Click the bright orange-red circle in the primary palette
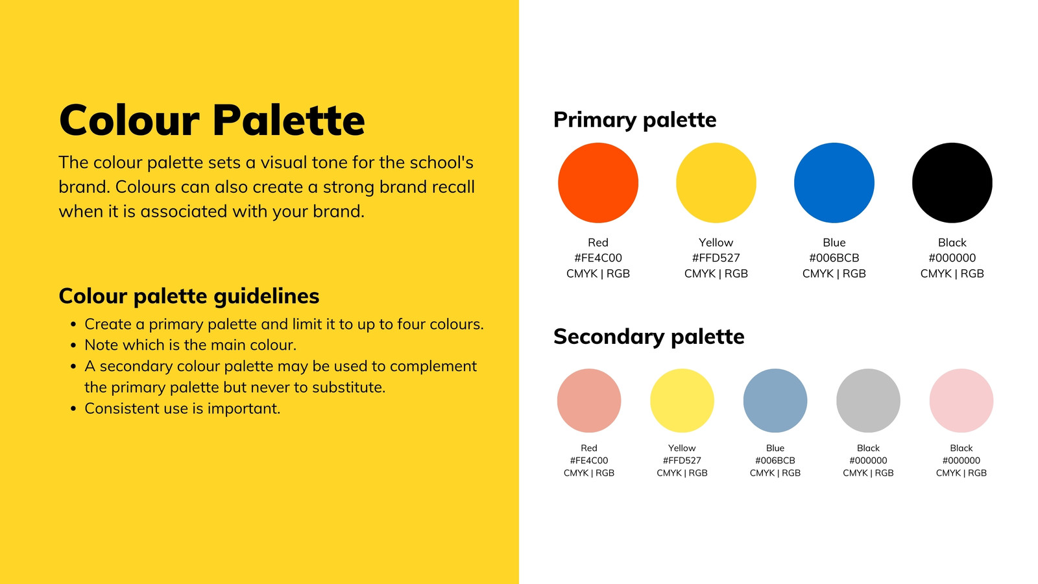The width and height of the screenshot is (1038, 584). [x=597, y=182]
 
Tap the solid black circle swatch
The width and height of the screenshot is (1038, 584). [x=952, y=182]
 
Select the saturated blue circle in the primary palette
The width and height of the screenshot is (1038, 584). [x=834, y=182]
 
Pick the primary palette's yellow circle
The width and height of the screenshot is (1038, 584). [x=716, y=182]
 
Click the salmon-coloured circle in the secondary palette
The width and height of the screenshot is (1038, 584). [x=589, y=400]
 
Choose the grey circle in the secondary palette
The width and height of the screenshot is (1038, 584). [x=868, y=400]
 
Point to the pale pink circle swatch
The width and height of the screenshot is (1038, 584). [x=961, y=400]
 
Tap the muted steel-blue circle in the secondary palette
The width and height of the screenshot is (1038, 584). [x=775, y=400]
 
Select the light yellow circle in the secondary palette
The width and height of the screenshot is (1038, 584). [x=682, y=400]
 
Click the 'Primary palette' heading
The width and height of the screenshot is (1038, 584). [x=634, y=120]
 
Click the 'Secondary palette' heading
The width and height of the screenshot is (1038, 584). [x=649, y=337]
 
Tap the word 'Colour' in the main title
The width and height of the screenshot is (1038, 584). [x=129, y=121]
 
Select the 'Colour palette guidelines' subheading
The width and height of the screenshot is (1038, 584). [x=189, y=297]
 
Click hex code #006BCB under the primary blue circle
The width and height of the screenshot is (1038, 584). [x=834, y=258]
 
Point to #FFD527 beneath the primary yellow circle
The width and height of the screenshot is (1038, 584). [x=716, y=258]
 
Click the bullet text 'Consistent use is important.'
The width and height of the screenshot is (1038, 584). [x=182, y=408]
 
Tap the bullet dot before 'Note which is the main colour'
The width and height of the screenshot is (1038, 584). [x=73, y=346]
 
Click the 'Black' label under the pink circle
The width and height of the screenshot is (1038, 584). [x=961, y=448]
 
